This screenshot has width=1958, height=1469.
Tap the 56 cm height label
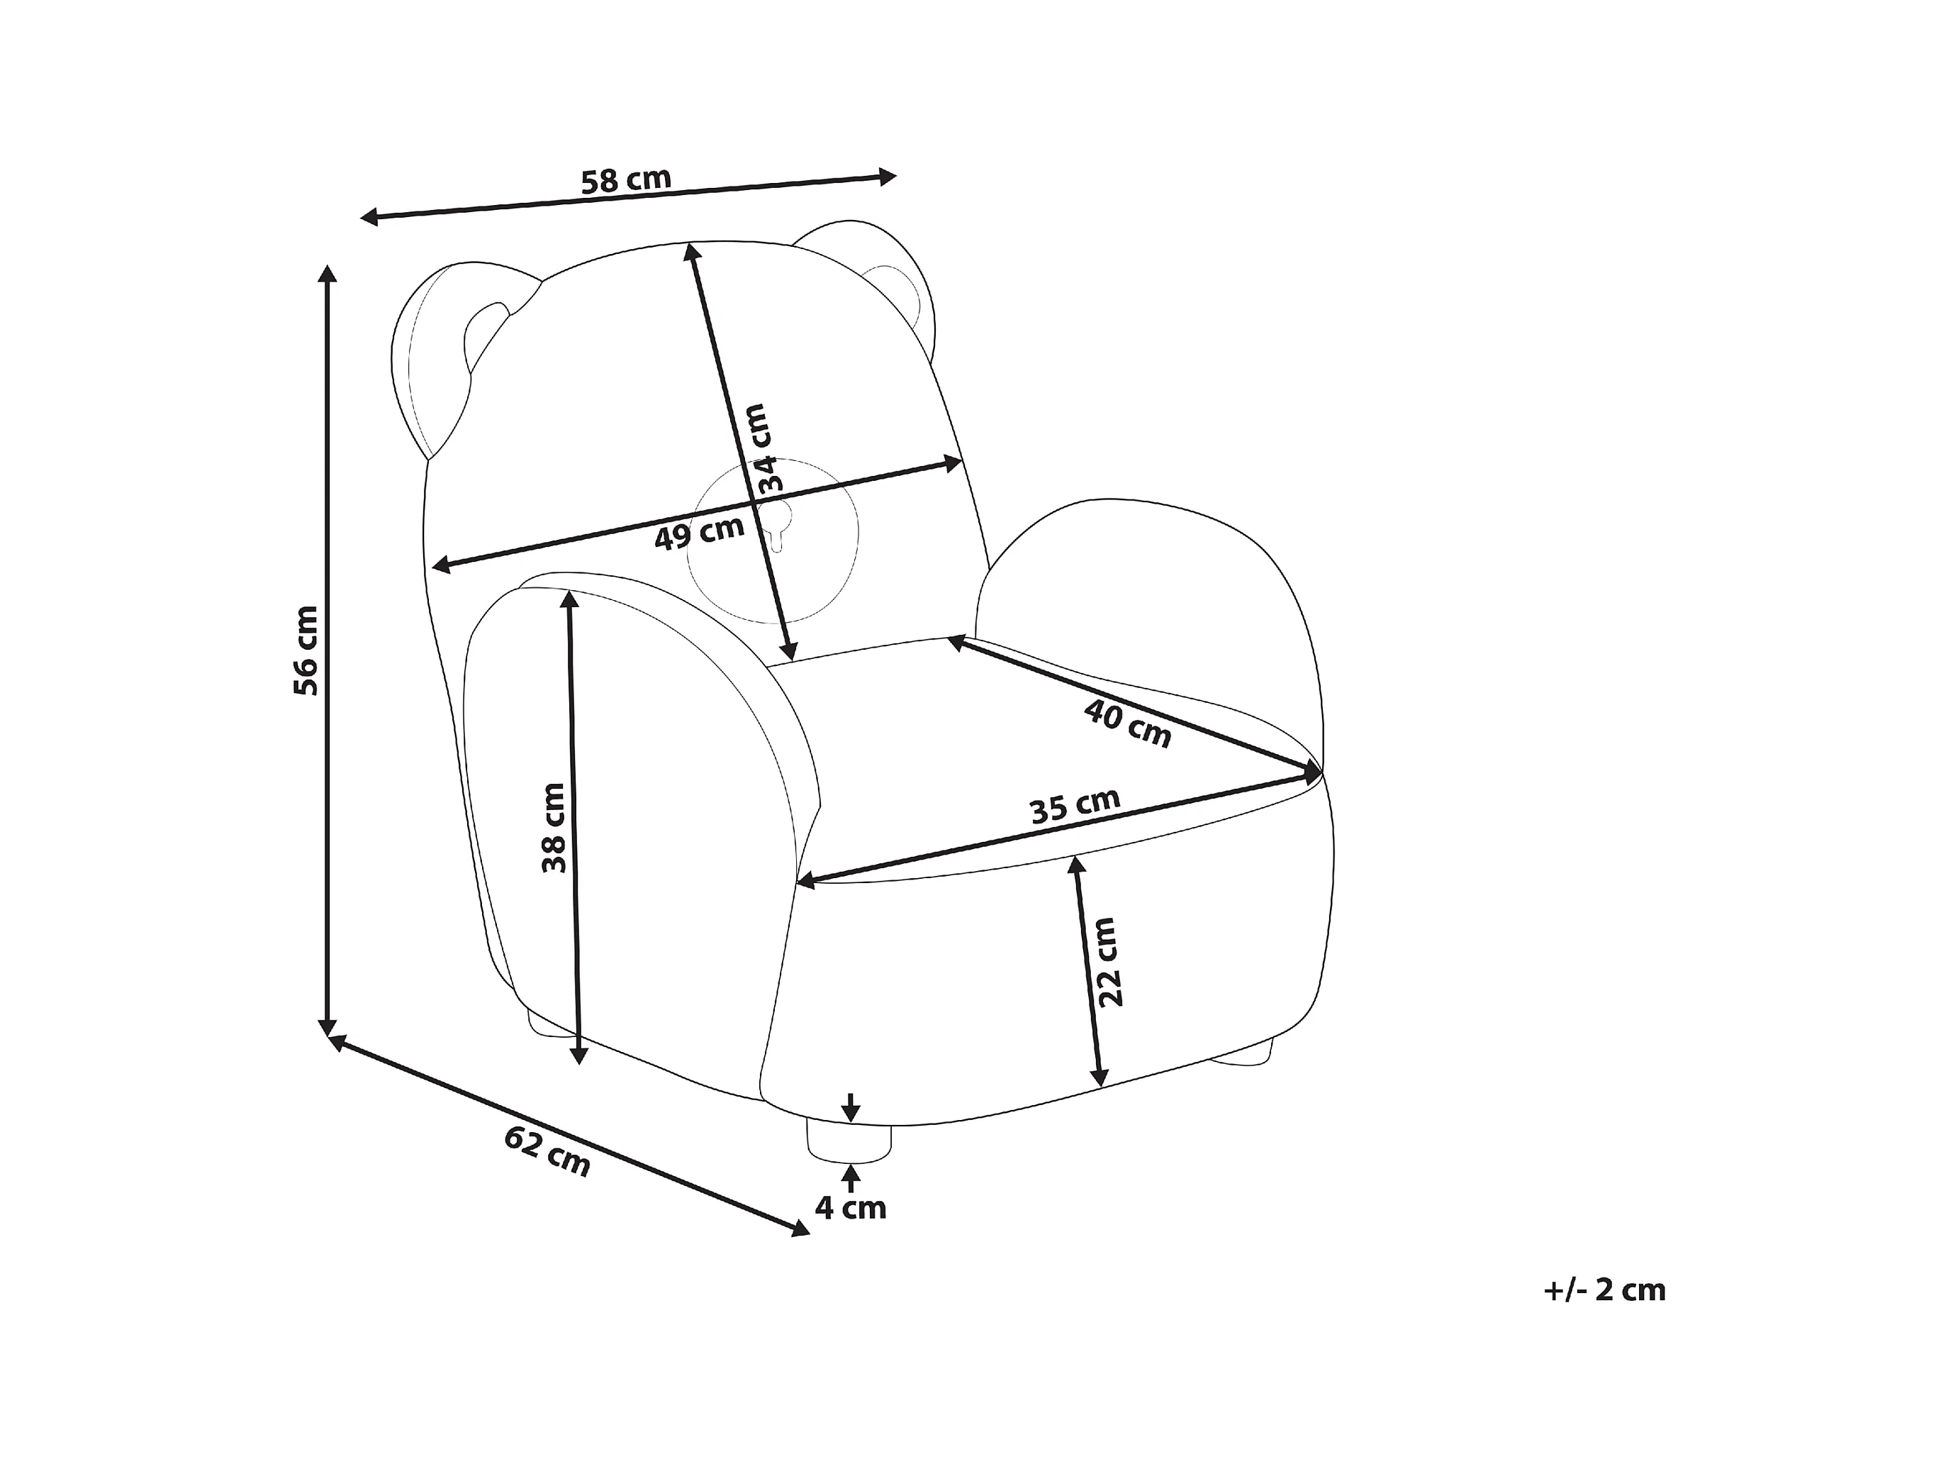click(306, 650)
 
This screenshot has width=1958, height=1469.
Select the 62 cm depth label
click(547, 1151)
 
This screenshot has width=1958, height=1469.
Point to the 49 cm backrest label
click(699, 533)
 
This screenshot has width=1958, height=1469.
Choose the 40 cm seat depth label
click(1127, 724)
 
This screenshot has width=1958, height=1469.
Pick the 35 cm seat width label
click(1075, 806)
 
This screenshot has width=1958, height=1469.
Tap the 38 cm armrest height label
click(554, 827)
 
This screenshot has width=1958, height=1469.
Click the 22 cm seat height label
click(1108, 962)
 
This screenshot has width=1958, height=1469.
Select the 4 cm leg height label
click(850, 1208)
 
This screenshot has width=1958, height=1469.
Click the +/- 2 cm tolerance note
click(1604, 1290)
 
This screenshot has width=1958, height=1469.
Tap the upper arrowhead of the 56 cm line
click(329, 272)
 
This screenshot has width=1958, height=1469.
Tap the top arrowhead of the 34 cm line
click(690, 250)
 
